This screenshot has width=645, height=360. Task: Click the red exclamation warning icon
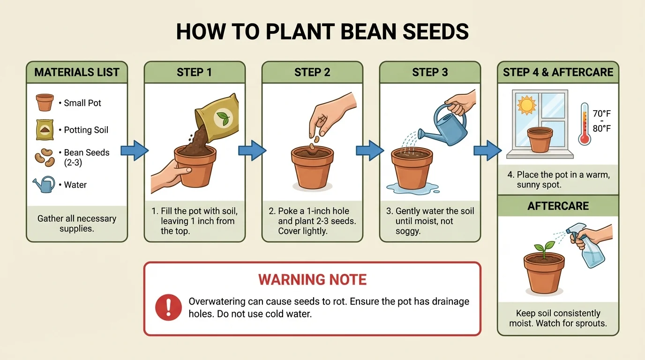(168, 307)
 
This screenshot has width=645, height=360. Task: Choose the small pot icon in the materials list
(45, 102)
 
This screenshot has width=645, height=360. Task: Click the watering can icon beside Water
(44, 184)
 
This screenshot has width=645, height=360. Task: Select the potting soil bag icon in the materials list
(45, 129)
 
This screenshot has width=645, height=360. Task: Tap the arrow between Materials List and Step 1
(135, 150)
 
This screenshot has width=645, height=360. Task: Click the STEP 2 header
(312, 72)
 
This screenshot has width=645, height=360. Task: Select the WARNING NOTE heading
(312, 280)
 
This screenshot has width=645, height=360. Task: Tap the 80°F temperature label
(601, 128)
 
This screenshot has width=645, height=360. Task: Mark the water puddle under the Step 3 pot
(412, 188)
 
